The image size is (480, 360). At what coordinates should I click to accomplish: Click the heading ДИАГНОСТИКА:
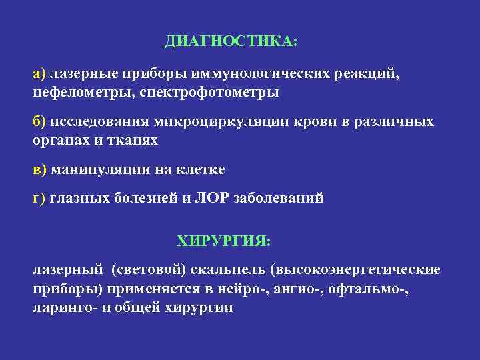231,42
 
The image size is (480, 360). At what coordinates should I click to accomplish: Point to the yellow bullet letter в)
39,170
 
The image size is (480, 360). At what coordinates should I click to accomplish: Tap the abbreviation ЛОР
213,198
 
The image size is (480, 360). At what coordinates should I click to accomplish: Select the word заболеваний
279,198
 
